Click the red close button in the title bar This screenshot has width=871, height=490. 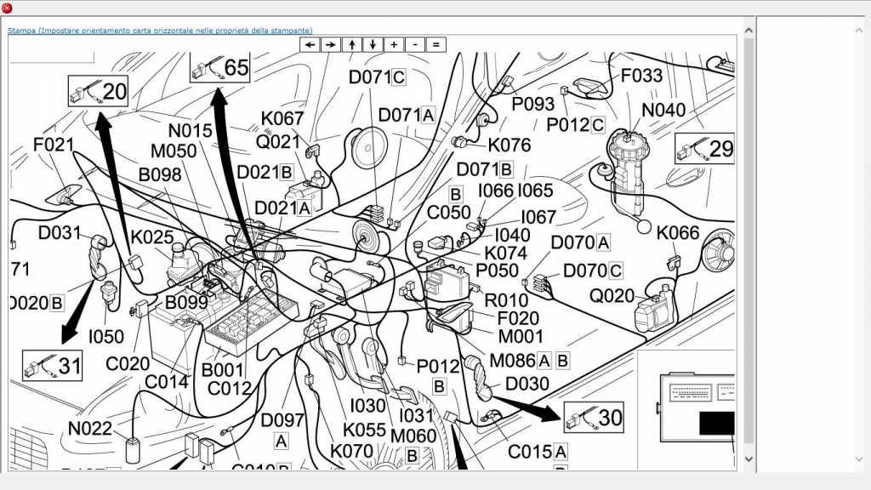click(x=7, y=8)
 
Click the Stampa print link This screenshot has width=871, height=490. click(x=160, y=31)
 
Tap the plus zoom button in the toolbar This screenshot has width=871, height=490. click(x=394, y=44)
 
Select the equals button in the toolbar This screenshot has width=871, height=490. click(x=435, y=44)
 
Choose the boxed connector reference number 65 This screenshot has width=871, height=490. click(x=220, y=67)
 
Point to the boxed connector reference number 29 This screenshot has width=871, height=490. click(x=705, y=149)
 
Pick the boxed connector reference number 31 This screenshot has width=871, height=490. click(x=53, y=366)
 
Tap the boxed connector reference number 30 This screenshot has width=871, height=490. click(x=594, y=417)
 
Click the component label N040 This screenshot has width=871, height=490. click(x=663, y=111)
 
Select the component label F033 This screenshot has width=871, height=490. click(x=641, y=76)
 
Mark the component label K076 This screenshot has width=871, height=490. click(x=510, y=145)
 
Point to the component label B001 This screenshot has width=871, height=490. click(x=222, y=371)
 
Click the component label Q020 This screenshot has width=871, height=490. click(x=612, y=296)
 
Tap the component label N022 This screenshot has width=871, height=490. click(x=90, y=428)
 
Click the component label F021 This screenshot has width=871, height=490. click(x=54, y=145)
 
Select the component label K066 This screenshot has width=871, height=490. click(x=678, y=233)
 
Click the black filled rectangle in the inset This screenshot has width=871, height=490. click(x=716, y=423)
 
